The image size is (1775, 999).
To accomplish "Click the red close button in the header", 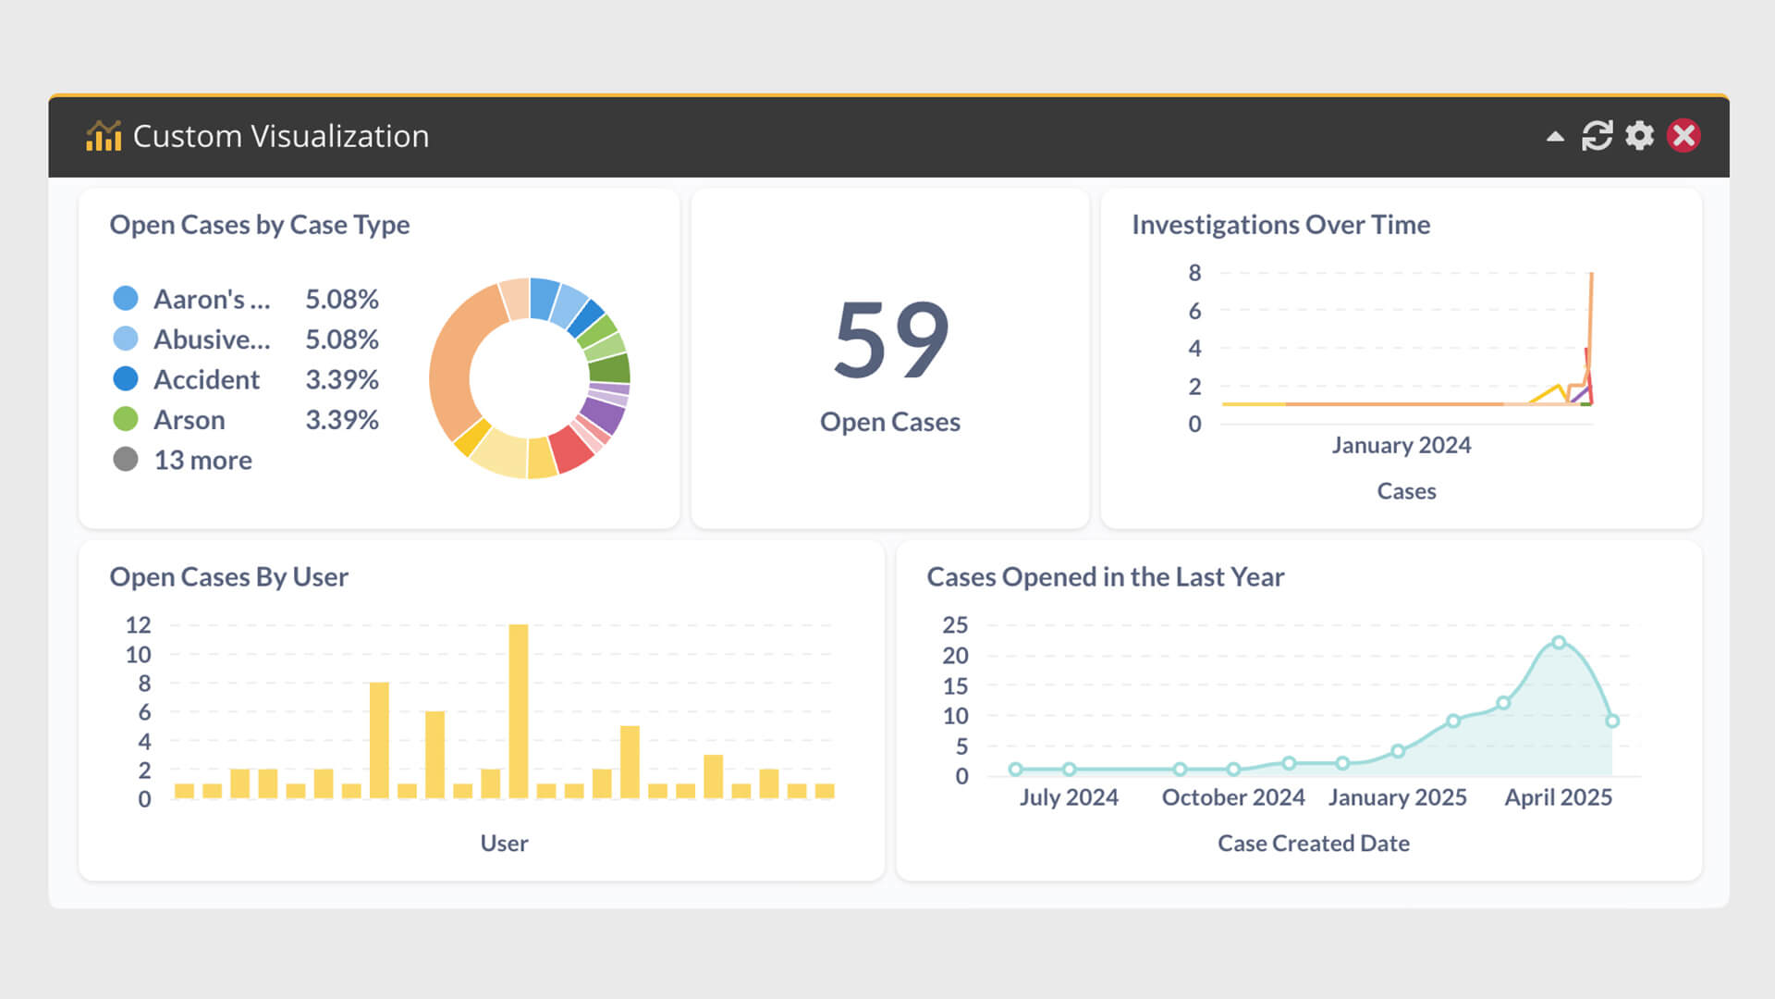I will [1683, 136].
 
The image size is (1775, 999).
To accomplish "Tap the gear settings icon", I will [1639, 136].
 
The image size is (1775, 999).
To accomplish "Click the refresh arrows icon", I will [1597, 136].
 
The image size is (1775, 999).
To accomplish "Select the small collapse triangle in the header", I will [1555, 137].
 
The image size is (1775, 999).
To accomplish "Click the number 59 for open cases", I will [890, 339].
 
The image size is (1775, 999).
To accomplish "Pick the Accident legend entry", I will [206, 379].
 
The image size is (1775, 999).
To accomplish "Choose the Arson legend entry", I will [189, 420].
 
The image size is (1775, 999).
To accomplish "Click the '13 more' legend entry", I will [202, 460].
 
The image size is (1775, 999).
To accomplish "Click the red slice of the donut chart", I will [569, 449].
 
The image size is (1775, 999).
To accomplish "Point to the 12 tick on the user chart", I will [138, 625].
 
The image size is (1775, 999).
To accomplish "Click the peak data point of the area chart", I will [1559, 642].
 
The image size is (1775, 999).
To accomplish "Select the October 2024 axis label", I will [1233, 797].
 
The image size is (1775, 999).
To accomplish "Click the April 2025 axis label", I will [1558, 797].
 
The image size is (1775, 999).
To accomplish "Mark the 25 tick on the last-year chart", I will [955, 625].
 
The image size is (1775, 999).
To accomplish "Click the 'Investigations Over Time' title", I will [1280, 225].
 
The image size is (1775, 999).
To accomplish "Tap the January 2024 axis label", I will [1401, 445].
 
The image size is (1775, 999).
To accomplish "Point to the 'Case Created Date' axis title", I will [1313, 844].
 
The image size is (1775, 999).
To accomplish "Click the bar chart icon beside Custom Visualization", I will [104, 136].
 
